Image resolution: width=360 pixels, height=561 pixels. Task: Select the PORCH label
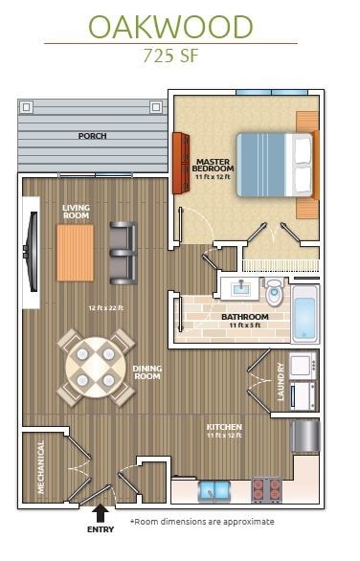point(93,136)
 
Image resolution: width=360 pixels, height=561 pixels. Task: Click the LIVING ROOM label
point(77,211)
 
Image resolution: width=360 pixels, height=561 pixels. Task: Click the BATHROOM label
point(243,317)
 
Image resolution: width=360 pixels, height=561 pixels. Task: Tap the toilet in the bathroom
point(275,290)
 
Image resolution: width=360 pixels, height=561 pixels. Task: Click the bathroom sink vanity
point(236,286)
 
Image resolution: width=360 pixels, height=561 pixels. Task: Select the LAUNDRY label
point(281,380)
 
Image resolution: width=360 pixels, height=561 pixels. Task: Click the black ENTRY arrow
point(101,515)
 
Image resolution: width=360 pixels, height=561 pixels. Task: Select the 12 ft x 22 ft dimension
point(106,308)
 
